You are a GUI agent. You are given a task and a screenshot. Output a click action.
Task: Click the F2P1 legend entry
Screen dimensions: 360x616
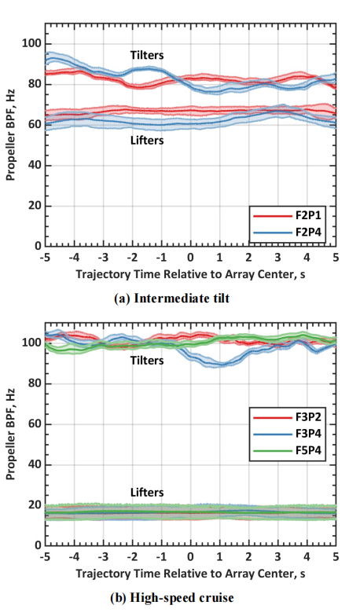coord(288,215)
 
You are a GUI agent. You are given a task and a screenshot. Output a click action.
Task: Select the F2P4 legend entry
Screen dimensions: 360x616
coord(288,233)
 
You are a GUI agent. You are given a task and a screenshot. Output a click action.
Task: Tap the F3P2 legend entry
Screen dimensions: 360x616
coord(288,416)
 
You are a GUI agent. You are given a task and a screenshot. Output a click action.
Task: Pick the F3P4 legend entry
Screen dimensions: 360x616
coord(288,434)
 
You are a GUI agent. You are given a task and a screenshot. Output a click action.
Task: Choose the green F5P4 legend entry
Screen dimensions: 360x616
coord(288,450)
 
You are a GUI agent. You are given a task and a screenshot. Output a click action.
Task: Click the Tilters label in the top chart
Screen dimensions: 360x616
coord(147,55)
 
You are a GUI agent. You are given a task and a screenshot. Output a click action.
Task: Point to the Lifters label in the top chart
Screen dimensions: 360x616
coord(147,140)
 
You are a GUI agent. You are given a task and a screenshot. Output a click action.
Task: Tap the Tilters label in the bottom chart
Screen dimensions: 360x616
coord(147,360)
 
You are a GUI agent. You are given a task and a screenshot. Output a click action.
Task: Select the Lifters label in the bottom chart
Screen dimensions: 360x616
coord(147,492)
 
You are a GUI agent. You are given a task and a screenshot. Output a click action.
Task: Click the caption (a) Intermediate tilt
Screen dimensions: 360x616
coord(171,299)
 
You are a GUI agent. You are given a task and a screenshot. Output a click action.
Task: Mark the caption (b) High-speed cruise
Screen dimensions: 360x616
coord(171,598)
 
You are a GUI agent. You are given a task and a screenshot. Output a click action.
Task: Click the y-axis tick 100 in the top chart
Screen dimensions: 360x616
coord(31,44)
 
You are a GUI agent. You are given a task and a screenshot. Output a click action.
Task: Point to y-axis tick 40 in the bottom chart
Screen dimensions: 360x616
coord(35,465)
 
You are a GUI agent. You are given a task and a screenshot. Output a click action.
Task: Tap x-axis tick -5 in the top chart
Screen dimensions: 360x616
coord(46,258)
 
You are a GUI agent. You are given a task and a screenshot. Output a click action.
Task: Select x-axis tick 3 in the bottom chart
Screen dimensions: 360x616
coord(278,557)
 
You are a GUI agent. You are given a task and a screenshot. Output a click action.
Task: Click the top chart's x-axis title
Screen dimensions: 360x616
coord(190,274)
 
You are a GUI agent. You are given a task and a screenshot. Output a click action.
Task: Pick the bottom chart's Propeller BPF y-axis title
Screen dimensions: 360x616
coord(11,434)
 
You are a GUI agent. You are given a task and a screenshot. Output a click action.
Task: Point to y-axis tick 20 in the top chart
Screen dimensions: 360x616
coord(35,206)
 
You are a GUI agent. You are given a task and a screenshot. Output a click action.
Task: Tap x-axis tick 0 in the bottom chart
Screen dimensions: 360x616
coord(190,557)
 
